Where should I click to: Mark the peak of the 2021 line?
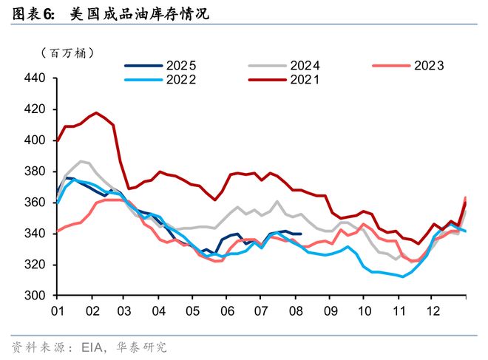point(95,113)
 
